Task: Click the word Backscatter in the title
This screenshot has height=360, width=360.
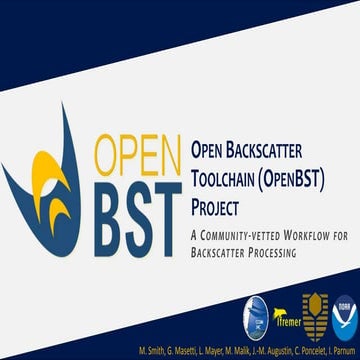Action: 277,152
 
